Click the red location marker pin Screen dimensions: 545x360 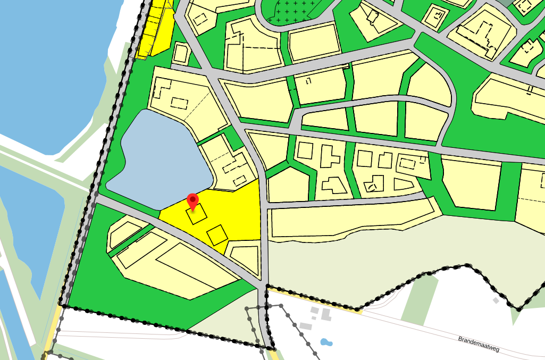tap(193, 201)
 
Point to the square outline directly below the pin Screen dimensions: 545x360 tap(196, 215)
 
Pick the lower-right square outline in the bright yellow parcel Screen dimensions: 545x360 tap(216, 235)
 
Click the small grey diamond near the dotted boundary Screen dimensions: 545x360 tap(496, 300)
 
